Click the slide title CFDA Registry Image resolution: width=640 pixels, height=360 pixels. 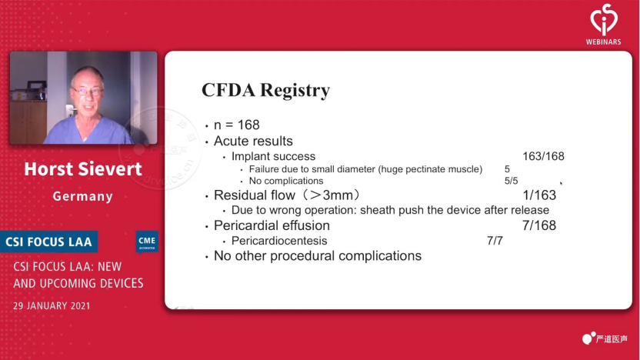[x=265, y=90]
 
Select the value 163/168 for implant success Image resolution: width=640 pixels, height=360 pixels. [x=543, y=156]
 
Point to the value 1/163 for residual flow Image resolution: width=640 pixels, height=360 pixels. [x=539, y=195]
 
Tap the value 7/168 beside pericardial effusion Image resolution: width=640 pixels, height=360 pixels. [x=539, y=225]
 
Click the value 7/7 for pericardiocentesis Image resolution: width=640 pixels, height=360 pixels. [x=495, y=241]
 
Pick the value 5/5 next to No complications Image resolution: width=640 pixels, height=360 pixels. [x=511, y=181]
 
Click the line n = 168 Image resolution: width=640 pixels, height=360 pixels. [x=237, y=125]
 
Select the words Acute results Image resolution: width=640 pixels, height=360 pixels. [x=254, y=142]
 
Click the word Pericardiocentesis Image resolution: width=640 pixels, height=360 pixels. [x=279, y=241]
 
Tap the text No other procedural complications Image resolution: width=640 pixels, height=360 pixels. [x=318, y=256]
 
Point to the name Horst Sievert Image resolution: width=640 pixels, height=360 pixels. [x=83, y=169]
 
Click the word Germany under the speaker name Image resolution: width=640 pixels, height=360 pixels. [x=83, y=196]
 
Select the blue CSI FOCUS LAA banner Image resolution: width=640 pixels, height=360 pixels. [x=49, y=242]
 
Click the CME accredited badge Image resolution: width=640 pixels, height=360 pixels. [x=147, y=242]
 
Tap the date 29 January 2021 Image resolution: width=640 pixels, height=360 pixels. [x=52, y=305]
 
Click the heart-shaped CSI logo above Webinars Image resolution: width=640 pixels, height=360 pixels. [x=604, y=19]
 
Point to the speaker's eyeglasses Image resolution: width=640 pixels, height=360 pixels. [x=87, y=91]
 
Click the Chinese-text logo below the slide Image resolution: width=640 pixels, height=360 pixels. [x=605, y=338]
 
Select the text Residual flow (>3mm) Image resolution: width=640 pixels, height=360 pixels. [x=287, y=195]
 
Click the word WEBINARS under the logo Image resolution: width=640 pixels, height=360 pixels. [x=603, y=42]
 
